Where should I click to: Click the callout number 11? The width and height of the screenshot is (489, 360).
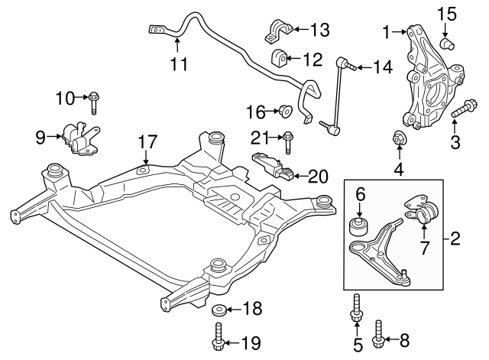(x=179, y=64)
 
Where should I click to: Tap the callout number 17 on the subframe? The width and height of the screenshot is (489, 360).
(x=147, y=141)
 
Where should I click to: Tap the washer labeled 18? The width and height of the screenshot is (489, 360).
(x=219, y=310)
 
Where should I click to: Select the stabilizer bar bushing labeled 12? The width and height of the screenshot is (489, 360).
(x=280, y=57)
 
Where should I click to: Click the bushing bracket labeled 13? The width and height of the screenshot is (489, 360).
(x=276, y=32)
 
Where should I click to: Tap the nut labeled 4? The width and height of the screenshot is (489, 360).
(x=399, y=139)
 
